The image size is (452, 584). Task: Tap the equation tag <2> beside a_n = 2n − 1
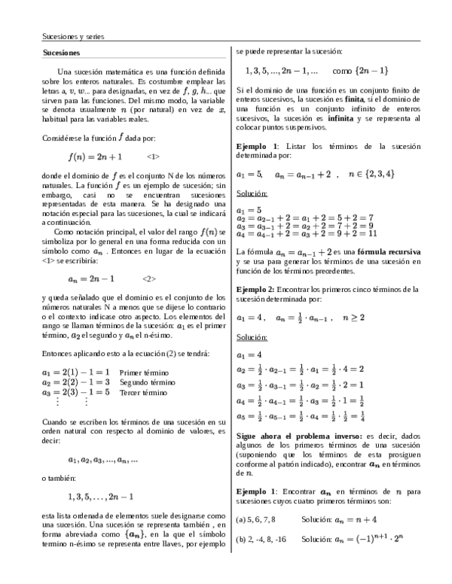click(148, 278)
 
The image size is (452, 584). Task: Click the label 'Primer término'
click(144, 373)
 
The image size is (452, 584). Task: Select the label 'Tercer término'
click(143, 392)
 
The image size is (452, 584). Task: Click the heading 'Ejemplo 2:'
click(256, 289)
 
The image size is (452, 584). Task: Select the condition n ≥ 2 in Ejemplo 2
click(355, 318)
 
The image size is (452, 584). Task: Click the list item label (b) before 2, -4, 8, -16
click(241, 540)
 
